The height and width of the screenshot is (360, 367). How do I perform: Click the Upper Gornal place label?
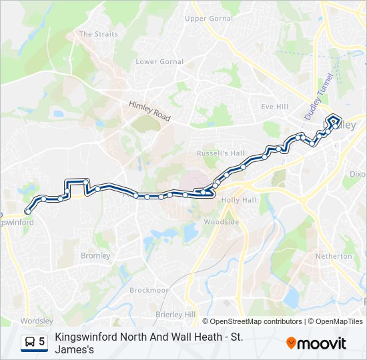tap(209, 19)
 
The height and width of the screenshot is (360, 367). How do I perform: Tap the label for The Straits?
tap(98, 34)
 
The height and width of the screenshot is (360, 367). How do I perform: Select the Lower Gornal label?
tap(159, 62)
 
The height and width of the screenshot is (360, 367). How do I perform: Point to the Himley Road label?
tap(150, 111)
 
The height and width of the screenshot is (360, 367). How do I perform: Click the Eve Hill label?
tap(274, 107)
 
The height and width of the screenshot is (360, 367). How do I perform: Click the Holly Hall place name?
tap(239, 200)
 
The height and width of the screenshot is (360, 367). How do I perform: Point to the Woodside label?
tap(221, 221)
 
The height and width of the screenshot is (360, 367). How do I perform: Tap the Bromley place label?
tap(95, 255)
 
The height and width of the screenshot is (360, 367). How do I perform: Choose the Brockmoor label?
tap(149, 291)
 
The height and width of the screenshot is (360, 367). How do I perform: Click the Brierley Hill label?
tap(175, 314)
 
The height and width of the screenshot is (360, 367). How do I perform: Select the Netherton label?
tap(334, 256)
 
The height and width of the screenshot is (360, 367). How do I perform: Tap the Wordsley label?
tap(37, 321)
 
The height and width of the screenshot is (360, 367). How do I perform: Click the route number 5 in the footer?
tap(42, 342)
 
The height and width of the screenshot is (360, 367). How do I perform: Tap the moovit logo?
tap(316, 343)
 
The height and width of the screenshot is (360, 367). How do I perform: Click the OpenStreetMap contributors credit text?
tap(256, 321)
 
